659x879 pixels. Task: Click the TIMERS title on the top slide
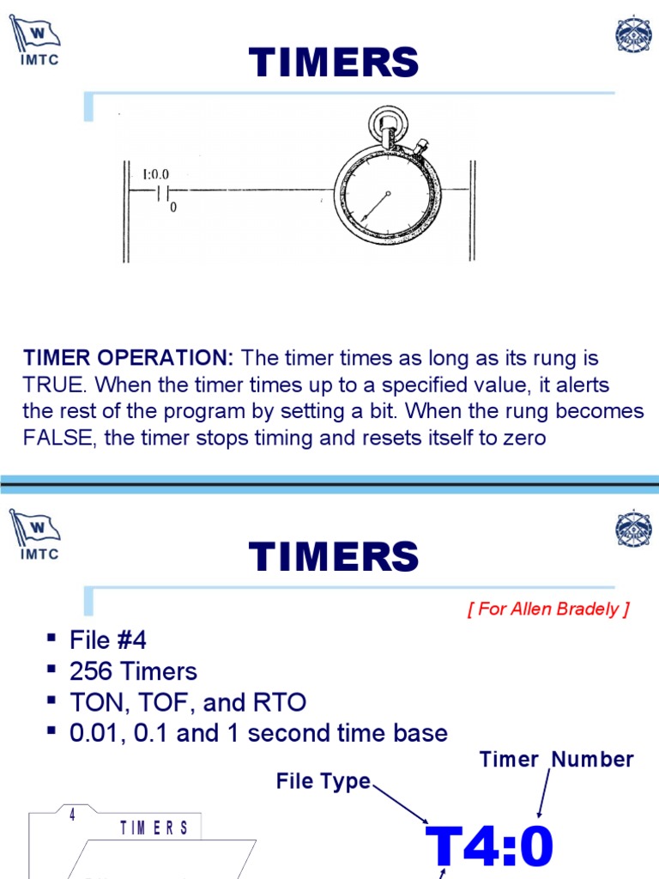click(334, 64)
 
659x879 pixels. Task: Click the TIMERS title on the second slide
click(334, 558)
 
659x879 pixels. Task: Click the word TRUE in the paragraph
click(53, 385)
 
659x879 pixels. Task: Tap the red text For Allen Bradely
click(548, 609)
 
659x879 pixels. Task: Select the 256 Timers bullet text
click(134, 671)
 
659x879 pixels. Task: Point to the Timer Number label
click(556, 759)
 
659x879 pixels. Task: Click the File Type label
click(323, 781)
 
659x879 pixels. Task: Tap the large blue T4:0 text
click(491, 848)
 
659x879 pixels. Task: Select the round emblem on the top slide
click(633, 35)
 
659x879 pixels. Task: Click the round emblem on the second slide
click(633, 530)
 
